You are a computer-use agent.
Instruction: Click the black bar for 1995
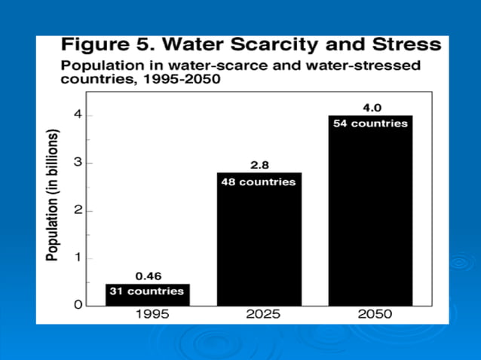(x=147, y=295)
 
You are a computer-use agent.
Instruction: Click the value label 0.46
(x=147, y=276)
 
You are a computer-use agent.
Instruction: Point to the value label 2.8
(x=258, y=164)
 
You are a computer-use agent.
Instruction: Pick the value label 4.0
(x=369, y=107)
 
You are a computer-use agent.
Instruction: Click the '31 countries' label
(x=147, y=291)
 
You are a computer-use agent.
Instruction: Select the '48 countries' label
(x=258, y=182)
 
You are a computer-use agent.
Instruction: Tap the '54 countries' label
(x=369, y=124)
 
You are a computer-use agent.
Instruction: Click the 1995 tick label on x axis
(x=152, y=316)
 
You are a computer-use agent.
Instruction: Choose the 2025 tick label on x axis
(x=262, y=316)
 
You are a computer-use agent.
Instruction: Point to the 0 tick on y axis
(x=78, y=306)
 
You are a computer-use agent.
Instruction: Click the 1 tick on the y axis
(x=78, y=258)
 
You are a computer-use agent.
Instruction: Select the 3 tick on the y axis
(x=78, y=163)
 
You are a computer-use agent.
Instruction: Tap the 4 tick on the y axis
(x=78, y=115)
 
